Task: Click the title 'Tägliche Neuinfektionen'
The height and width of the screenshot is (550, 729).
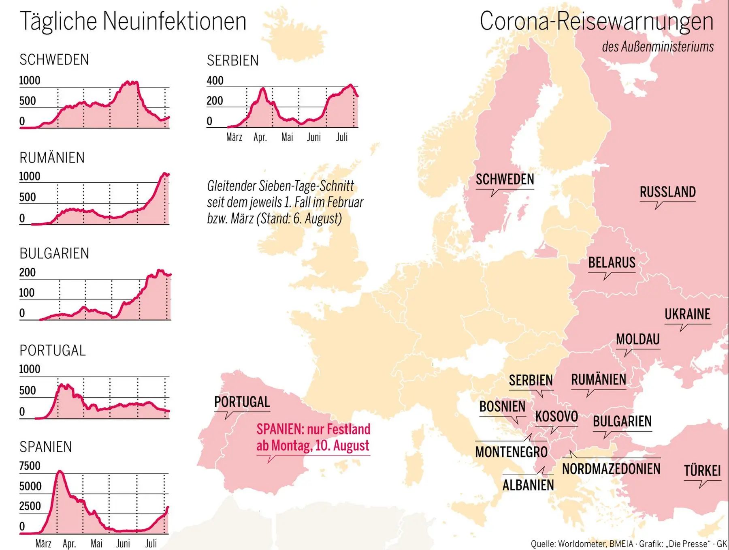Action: pyautogui.click(x=133, y=21)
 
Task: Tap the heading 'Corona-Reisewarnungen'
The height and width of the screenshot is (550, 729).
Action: pyautogui.click(x=596, y=21)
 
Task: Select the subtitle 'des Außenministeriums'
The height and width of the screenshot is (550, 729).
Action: pyautogui.click(x=657, y=47)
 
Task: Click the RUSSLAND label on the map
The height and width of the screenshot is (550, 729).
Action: pyautogui.click(x=667, y=192)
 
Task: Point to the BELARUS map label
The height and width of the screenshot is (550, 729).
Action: pyautogui.click(x=612, y=263)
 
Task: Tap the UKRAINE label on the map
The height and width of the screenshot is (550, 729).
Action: pyautogui.click(x=687, y=314)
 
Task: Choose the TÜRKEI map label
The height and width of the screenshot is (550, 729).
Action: pyautogui.click(x=702, y=471)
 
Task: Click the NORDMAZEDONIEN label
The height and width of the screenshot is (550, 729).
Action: pyautogui.click(x=611, y=469)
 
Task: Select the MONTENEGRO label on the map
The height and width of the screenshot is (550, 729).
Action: pyautogui.click(x=511, y=452)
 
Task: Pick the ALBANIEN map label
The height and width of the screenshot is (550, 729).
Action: pyautogui.click(x=528, y=485)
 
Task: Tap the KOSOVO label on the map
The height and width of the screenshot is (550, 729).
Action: pyautogui.click(x=556, y=416)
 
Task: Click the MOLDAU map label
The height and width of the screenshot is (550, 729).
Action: pyautogui.click(x=638, y=339)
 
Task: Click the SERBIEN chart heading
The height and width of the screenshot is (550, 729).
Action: pyautogui.click(x=232, y=60)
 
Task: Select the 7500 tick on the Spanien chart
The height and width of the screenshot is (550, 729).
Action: pyautogui.click(x=30, y=466)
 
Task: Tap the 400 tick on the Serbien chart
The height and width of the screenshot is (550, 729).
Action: pyautogui.click(x=215, y=81)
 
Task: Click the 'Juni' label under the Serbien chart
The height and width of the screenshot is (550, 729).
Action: pyautogui.click(x=313, y=137)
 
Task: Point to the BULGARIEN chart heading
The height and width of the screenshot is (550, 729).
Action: pyautogui.click(x=54, y=253)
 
